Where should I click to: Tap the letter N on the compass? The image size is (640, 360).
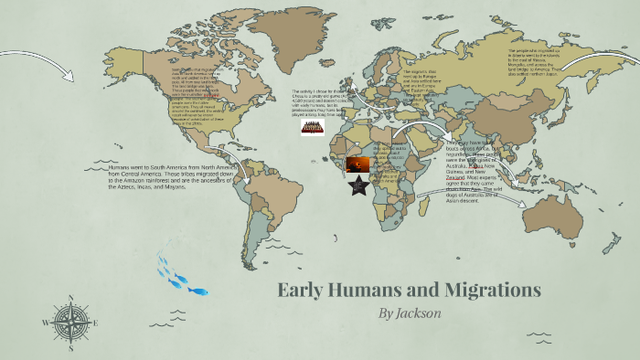point(70,298)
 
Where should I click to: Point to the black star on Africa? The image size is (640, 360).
point(357,186)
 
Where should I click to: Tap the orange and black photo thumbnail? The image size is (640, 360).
point(357,164)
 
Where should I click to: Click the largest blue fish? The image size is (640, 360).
point(198,291)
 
